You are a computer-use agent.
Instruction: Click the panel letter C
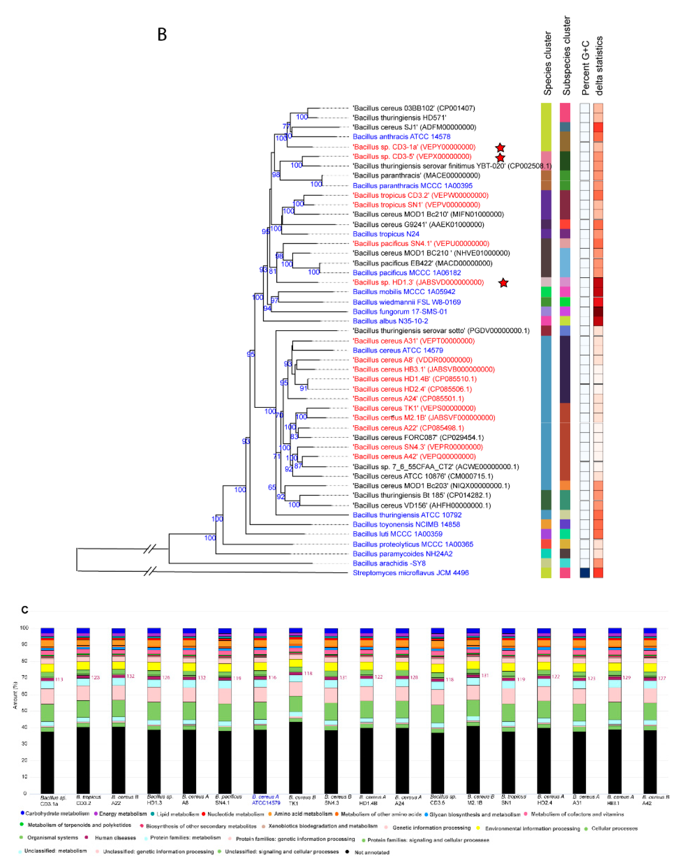pos(25,610)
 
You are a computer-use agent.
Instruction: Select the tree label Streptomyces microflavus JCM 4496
pos(411,573)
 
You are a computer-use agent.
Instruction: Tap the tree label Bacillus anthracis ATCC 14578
pos(401,136)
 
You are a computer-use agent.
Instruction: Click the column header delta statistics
pos(599,66)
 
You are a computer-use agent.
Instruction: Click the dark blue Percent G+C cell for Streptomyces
pos(585,573)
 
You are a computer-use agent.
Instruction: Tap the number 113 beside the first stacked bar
pos(59,679)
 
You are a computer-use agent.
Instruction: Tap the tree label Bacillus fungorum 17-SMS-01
pos(400,311)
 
